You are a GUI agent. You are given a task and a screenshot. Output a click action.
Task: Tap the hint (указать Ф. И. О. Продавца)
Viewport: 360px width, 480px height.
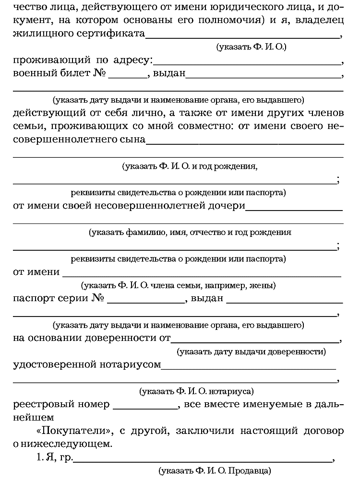[x=215, y=469]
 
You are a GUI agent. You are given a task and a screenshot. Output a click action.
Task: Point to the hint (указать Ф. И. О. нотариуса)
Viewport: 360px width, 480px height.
[x=196, y=391]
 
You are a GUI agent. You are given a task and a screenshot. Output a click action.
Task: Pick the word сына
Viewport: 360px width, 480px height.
[x=132, y=140]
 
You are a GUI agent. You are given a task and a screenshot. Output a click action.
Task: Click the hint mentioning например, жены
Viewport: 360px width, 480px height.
[x=178, y=286]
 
